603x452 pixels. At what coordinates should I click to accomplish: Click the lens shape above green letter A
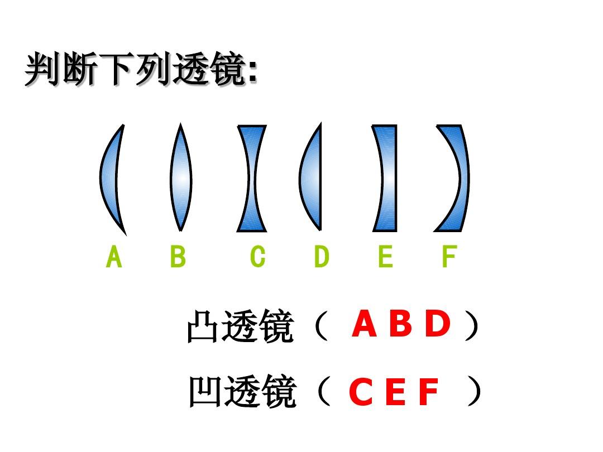point(109,179)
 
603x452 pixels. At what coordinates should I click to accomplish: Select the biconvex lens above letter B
point(181,177)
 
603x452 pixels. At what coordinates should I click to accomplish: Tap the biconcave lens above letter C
point(252,179)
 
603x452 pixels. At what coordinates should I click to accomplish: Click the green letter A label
point(114,256)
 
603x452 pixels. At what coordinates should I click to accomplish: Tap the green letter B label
point(178,256)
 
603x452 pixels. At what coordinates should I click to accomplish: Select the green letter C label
point(257,256)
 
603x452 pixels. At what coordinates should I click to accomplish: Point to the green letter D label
point(322,256)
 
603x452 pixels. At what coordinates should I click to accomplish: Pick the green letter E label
point(386,256)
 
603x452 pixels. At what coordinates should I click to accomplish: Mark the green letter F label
point(449,256)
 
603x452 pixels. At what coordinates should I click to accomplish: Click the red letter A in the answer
point(364,324)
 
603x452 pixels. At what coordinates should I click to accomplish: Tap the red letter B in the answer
point(401,324)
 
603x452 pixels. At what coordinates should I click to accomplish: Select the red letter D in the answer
point(438,324)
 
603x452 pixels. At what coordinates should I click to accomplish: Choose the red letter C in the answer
point(361,391)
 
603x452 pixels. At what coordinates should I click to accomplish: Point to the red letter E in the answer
point(395,391)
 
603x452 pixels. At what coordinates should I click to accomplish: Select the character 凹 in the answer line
point(204,392)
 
